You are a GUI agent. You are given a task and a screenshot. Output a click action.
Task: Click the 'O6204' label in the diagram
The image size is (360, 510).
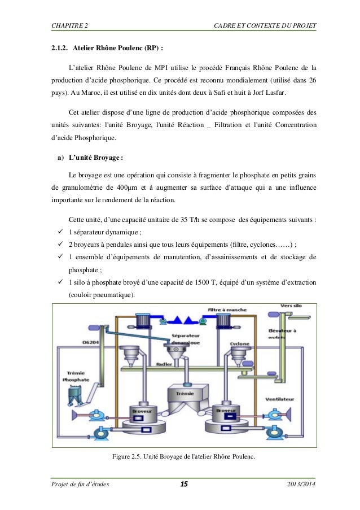point(90,342)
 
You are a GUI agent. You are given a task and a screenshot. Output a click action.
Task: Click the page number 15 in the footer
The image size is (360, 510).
point(183,485)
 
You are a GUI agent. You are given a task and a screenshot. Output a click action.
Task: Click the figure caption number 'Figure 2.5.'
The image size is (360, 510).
point(128,456)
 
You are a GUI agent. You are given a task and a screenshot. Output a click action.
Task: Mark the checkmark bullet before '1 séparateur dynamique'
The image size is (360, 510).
point(54,233)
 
